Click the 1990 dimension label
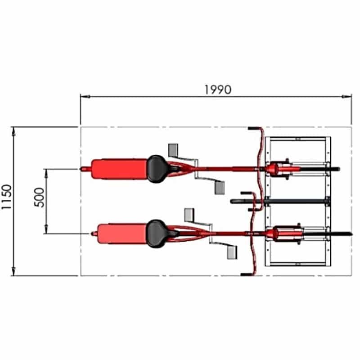218,90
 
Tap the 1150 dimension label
6,197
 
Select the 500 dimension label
39,198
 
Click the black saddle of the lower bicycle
156,234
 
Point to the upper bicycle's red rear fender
119,169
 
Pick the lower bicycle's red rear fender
122,234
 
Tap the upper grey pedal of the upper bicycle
173,150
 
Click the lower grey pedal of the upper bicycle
220,188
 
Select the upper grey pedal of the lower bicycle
189,215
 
